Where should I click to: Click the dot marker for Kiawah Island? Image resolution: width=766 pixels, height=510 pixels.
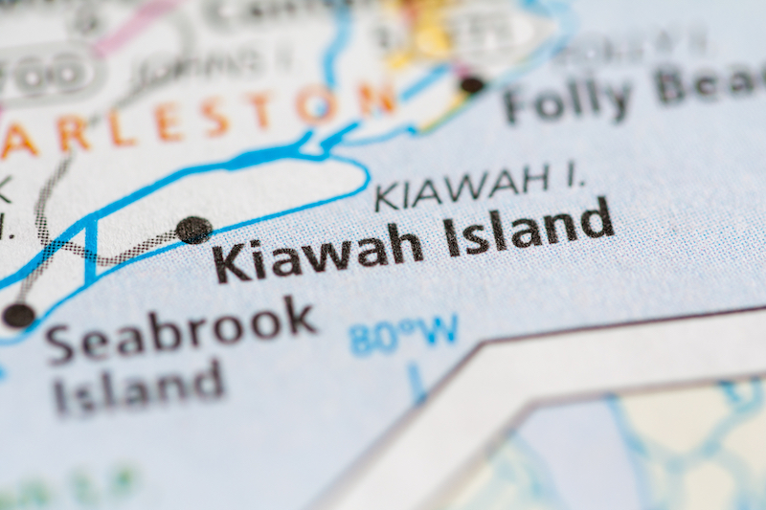click(x=193, y=230)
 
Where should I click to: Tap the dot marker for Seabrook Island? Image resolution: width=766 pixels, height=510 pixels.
click(x=18, y=314)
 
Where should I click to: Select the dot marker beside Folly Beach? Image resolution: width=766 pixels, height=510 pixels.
click(x=471, y=84)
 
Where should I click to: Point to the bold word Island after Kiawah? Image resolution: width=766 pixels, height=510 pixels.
click(x=528, y=229)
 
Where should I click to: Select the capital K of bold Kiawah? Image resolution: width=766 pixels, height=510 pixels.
click(x=229, y=263)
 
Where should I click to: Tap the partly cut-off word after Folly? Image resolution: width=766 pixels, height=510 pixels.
click(x=709, y=84)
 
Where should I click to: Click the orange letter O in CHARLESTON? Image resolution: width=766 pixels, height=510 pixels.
click(x=317, y=104)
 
